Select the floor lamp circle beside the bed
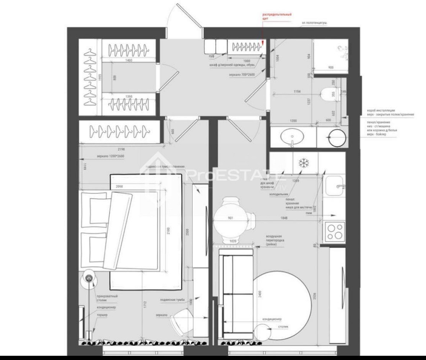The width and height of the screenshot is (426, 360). (89, 278)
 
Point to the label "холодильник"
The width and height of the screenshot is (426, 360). (279, 194)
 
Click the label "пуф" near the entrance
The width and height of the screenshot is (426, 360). (211, 56)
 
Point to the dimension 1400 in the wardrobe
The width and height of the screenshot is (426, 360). (127, 60)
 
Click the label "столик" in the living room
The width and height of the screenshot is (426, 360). (284, 327)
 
